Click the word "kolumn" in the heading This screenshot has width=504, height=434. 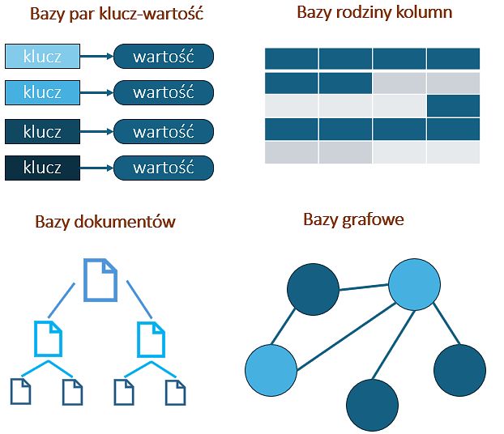(x=425, y=13)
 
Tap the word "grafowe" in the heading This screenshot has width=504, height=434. (x=373, y=219)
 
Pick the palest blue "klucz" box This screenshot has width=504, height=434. (x=43, y=56)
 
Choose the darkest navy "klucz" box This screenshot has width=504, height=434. (x=43, y=168)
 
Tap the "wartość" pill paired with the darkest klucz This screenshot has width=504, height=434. (x=163, y=168)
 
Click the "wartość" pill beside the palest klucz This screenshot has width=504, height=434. (x=163, y=56)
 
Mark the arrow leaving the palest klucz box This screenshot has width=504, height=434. (x=96, y=56)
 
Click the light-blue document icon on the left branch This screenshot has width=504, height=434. (x=49, y=338)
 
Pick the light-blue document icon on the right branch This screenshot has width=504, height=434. (x=151, y=338)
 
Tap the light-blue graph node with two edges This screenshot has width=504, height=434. (x=271, y=369)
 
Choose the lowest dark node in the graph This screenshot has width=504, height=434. (x=373, y=403)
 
